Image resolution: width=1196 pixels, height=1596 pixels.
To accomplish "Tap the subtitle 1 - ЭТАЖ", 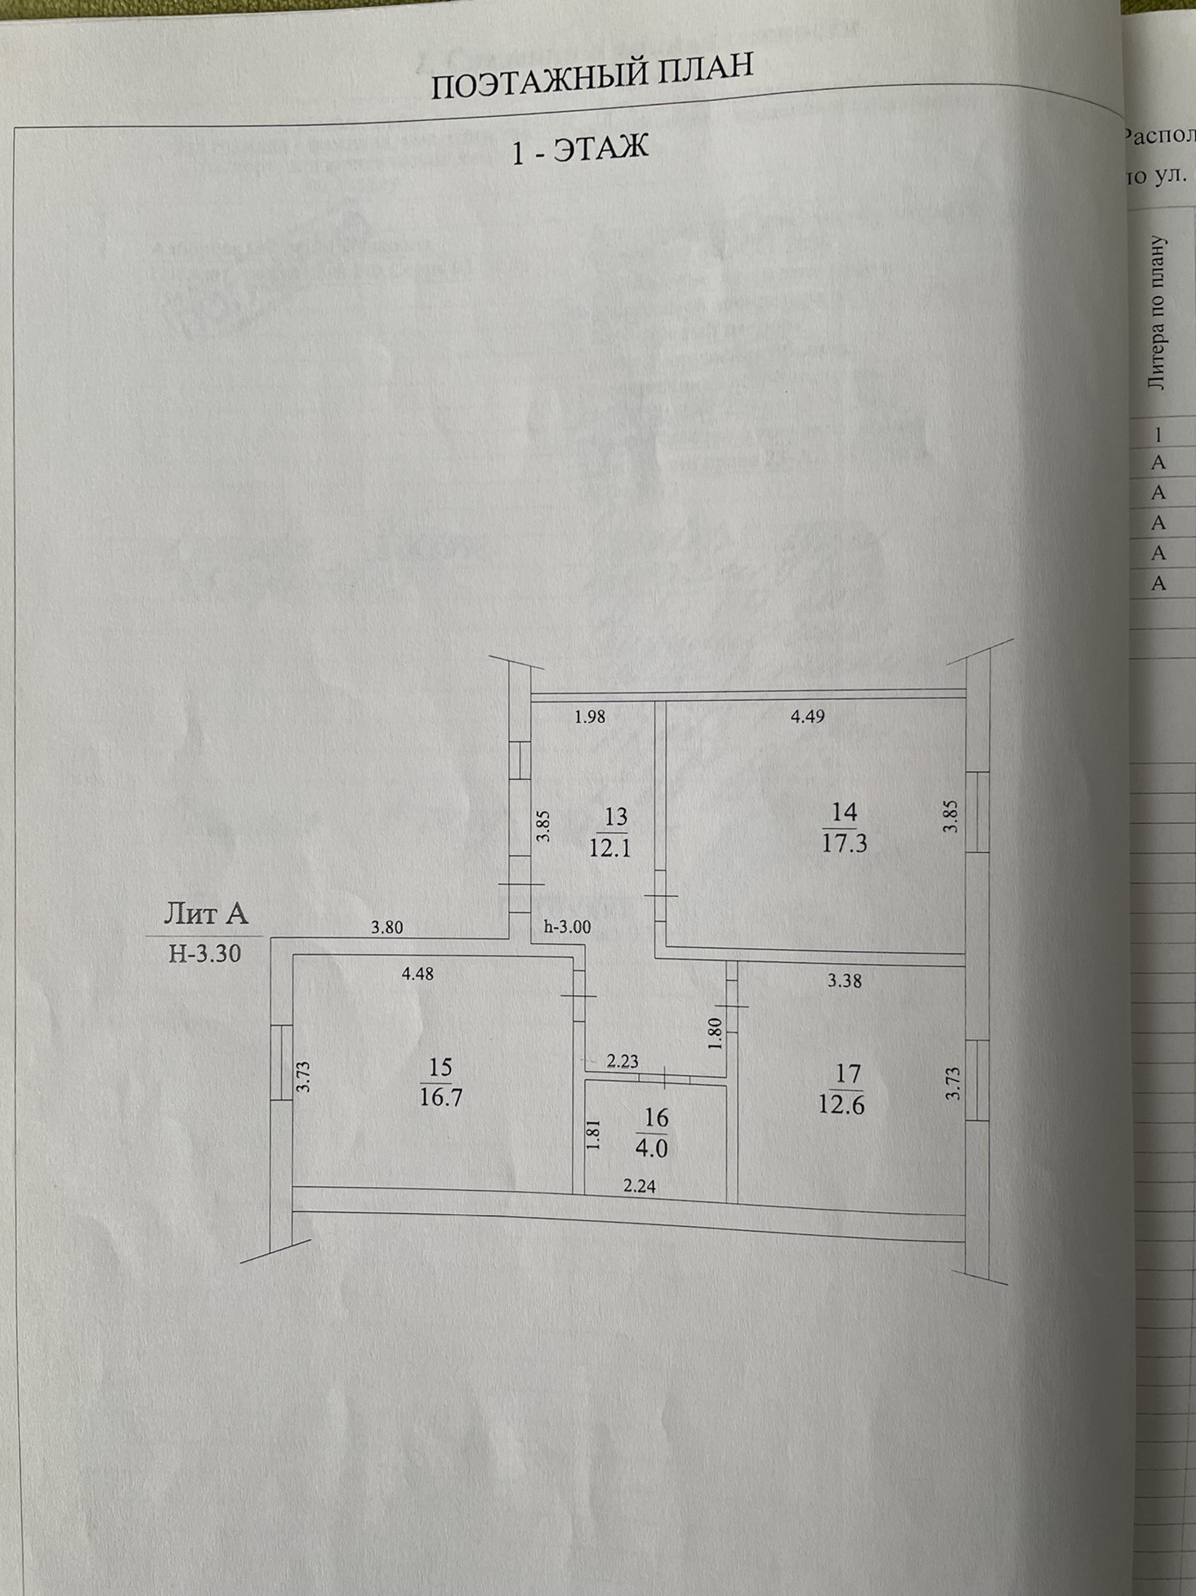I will tap(579, 149).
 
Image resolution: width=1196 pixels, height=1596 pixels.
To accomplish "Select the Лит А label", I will tap(206, 912).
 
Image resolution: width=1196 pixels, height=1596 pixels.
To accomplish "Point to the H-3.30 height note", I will tap(204, 953).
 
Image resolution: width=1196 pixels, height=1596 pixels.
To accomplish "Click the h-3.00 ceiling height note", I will tap(567, 927).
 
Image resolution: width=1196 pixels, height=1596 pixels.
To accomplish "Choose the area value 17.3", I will tap(844, 843).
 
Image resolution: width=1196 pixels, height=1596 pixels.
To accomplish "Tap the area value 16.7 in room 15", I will tap(440, 1097).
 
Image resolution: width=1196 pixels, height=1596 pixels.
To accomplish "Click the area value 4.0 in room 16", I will tap(651, 1148).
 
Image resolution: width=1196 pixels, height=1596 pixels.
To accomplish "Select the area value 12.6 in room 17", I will tap(841, 1105).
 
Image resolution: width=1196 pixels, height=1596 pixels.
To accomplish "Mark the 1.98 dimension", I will tap(590, 717).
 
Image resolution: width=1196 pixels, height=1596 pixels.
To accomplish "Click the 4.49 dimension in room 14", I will tap(807, 716).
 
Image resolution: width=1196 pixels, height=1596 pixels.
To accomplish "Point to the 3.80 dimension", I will tap(386, 927).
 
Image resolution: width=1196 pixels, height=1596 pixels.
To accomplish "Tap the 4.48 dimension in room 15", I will tap(417, 974).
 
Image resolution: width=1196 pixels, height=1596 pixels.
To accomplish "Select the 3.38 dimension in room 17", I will tap(844, 981).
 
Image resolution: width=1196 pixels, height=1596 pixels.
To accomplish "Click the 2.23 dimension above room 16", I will tap(623, 1061).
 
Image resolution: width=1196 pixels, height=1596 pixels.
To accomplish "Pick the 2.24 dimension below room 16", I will tap(639, 1186).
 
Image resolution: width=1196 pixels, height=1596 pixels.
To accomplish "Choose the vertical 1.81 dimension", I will tap(594, 1135).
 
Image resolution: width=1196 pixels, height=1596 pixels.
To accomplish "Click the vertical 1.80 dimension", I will tap(716, 1033).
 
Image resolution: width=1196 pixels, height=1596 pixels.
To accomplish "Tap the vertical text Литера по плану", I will tap(1157, 313).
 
